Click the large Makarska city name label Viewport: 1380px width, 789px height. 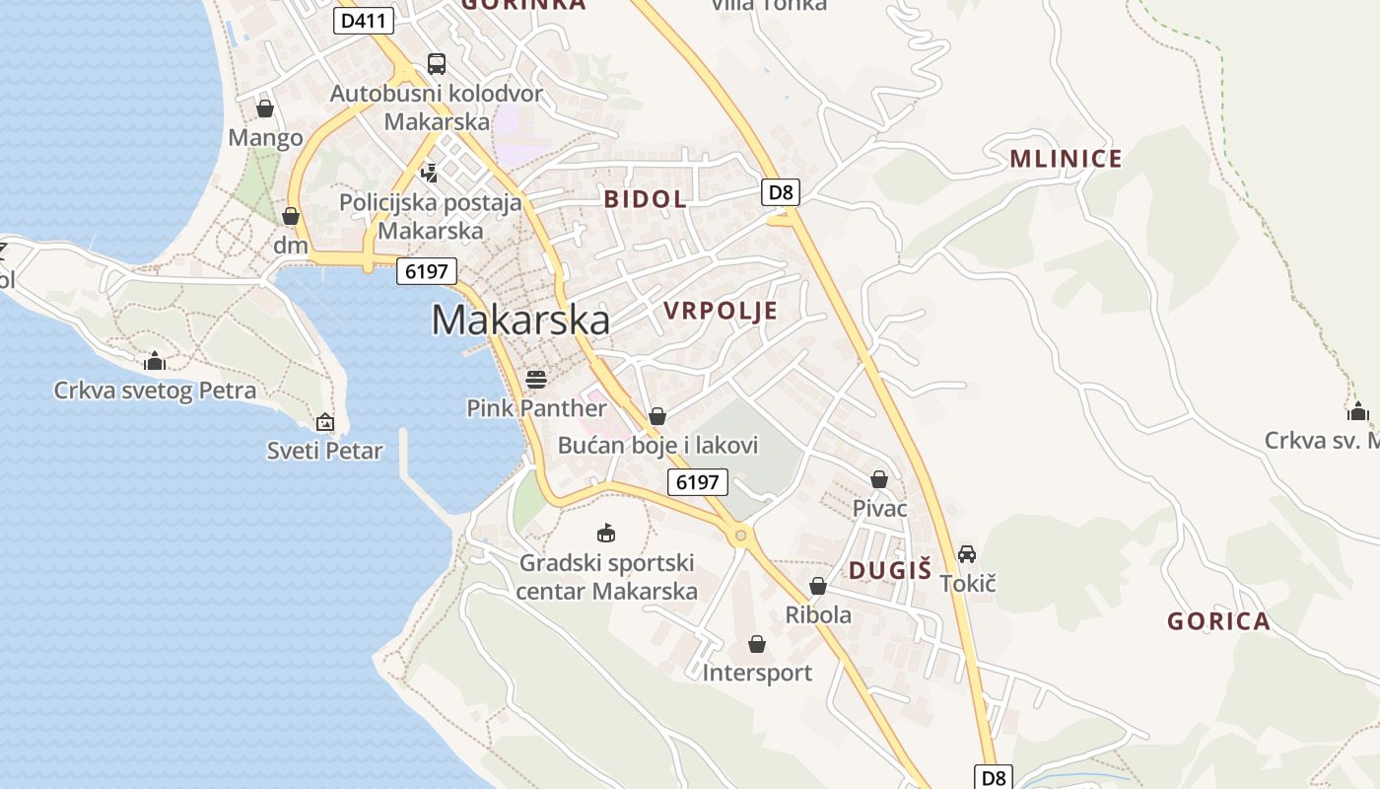520,320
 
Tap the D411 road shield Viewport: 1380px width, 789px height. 364,20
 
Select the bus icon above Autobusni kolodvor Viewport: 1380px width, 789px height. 436,64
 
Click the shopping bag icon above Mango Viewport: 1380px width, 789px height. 264,108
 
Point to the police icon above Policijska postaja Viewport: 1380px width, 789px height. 430,174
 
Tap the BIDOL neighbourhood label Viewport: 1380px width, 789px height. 645,199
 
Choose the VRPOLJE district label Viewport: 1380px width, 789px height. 721,312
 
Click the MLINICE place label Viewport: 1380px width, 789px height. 1066,159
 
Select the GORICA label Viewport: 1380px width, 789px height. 1218,621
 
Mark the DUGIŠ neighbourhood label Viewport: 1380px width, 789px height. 890,570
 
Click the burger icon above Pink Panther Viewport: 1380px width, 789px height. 536,379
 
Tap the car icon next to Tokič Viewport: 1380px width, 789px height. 967,554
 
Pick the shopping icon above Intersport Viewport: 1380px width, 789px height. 757,644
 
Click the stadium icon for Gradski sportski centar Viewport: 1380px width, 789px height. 606,534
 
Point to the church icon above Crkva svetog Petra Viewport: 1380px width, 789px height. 154,361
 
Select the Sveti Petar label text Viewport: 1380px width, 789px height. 324,452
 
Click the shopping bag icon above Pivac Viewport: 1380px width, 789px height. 879,479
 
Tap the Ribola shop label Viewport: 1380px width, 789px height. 818,614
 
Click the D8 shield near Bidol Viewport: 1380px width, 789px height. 780,191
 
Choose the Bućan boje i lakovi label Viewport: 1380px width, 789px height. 657,446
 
